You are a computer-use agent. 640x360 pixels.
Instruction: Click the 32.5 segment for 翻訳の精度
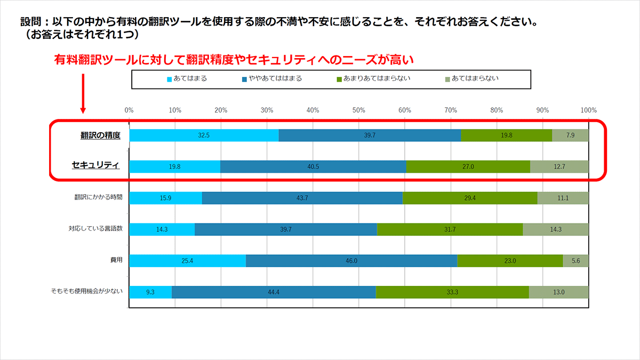click(204, 135)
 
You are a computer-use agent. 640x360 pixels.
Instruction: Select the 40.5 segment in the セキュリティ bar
click(313, 167)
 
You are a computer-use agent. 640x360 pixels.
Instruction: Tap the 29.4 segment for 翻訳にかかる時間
click(470, 198)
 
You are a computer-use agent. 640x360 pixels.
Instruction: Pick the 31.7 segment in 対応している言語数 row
click(450, 229)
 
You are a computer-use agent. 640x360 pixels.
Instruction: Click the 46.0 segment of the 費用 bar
click(351, 261)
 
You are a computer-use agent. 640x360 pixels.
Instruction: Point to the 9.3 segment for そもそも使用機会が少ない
click(150, 292)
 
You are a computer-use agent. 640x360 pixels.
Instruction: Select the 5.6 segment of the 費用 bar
click(575, 261)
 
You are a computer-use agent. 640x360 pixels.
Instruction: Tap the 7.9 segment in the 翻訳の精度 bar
click(570, 135)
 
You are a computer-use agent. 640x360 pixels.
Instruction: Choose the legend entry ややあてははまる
click(272, 79)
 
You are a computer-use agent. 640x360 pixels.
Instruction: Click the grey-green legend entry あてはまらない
click(471, 79)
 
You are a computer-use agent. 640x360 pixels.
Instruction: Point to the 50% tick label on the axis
click(359, 110)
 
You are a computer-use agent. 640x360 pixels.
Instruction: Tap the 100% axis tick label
click(588, 110)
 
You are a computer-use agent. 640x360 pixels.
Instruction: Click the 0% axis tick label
click(129, 110)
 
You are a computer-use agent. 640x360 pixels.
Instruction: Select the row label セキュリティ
click(95, 165)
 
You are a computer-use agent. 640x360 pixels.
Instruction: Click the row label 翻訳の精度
click(100, 135)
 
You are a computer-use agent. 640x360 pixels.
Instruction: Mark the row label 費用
click(116, 260)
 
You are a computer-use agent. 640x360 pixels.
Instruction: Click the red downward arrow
click(83, 93)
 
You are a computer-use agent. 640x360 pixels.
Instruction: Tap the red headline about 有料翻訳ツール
click(234, 60)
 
